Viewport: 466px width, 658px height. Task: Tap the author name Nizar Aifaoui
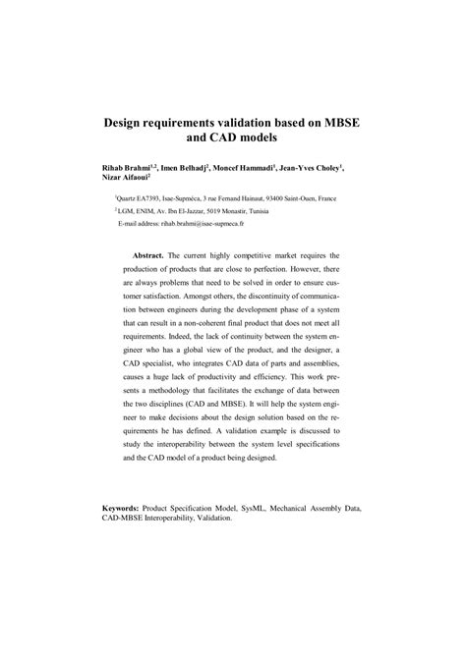(x=127, y=181)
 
